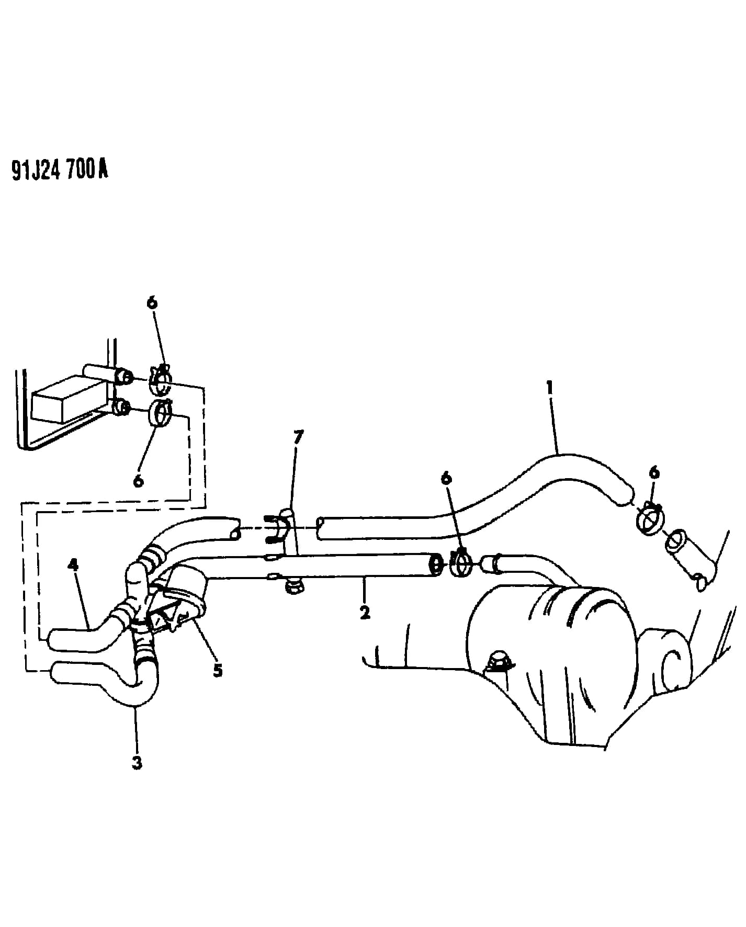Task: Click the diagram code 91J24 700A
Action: (x=60, y=169)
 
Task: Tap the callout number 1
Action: (x=550, y=388)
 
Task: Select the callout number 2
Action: (x=365, y=612)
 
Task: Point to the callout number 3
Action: (x=74, y=565)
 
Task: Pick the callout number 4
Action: (x=218, y=670)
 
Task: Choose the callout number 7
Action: (x=152, y=302)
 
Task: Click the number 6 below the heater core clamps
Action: (x=446, y=478)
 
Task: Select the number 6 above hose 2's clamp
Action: (x=654, y=473)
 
